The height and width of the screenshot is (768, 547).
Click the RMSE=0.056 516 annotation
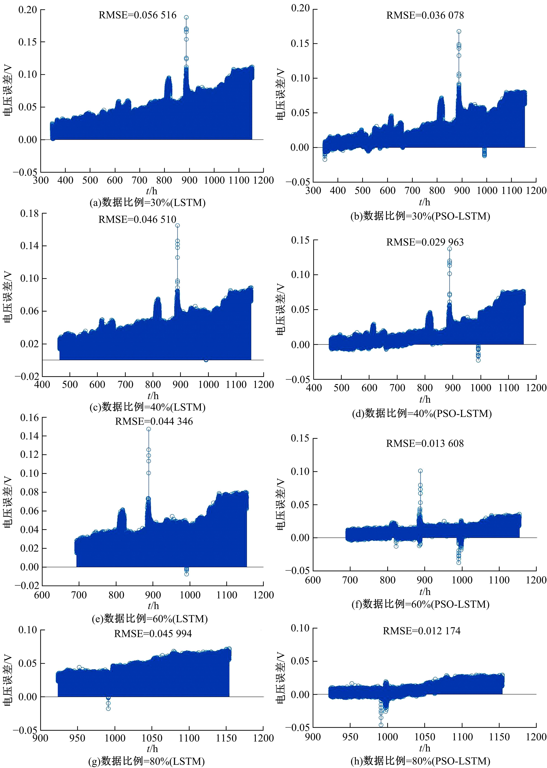tap(137, 15)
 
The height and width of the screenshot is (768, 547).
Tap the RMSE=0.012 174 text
tap(421, 631)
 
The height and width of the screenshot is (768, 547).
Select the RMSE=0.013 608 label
tap(425, 443)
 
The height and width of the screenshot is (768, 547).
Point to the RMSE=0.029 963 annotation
tap(425, 242)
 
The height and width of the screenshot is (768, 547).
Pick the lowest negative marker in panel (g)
tap(108, 708)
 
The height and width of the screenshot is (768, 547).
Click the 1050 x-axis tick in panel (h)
tap(425, 737)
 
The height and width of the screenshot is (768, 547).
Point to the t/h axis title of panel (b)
tap(424, 202)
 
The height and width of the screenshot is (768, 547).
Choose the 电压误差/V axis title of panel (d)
tap(281, 310)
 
